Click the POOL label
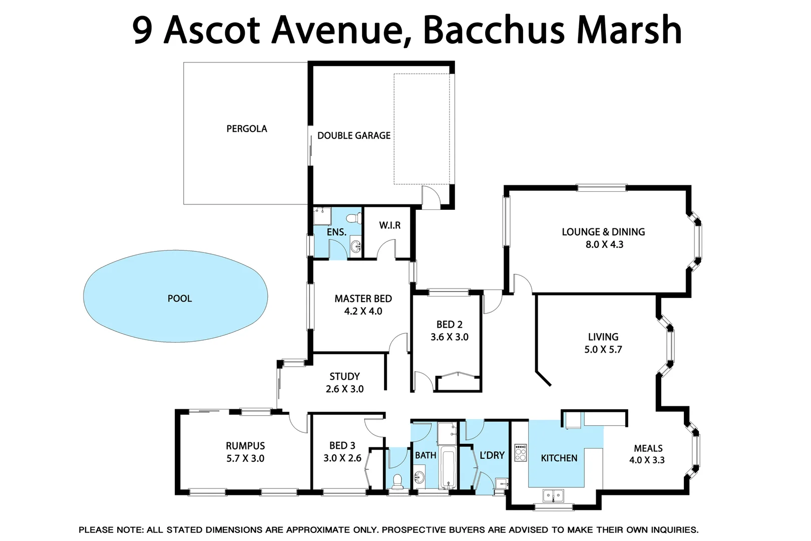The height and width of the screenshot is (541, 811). [180, 299]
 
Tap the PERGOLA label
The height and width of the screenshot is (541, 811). [246, 129]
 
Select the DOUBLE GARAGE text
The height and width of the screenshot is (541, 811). [353, 135]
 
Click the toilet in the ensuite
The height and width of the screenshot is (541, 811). [355, 218]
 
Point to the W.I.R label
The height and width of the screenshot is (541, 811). [389, 225]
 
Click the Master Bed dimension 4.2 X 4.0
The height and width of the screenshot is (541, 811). [363, 311]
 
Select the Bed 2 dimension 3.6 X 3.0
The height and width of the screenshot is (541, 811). [449, 337]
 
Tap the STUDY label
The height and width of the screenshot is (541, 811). [344, 376]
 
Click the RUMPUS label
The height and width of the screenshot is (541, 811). [245, 446]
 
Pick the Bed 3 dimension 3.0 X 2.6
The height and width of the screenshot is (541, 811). [342, 458]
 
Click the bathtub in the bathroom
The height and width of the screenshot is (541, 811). [448, 469]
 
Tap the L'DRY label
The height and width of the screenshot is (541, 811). [492, 455]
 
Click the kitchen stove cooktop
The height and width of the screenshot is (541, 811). [521, 452]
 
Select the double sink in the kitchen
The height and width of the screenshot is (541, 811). [553, 496]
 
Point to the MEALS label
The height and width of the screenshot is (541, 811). [648, 448]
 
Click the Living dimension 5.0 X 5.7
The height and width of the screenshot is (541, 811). [603, 350]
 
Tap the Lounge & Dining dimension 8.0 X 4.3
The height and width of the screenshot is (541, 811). [604, 244]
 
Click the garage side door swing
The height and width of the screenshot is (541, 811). [430, 196]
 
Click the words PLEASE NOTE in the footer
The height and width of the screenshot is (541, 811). [111, 529]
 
